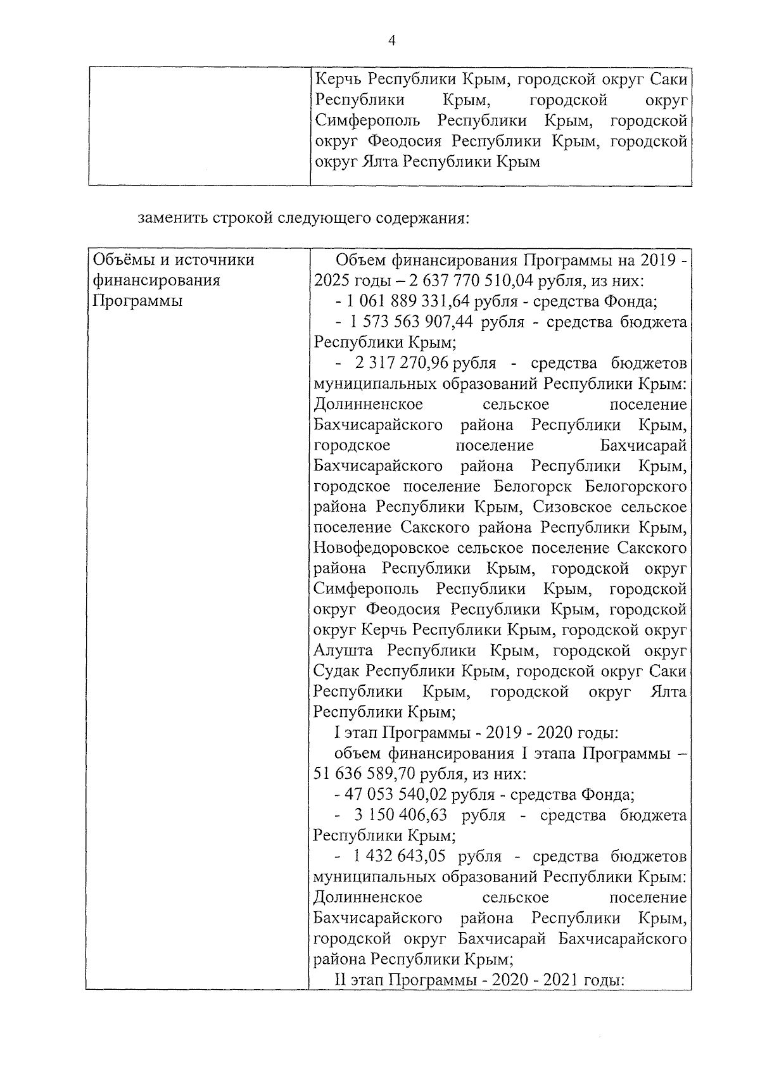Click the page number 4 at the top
point(391,41)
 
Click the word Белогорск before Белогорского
point(530,487)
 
